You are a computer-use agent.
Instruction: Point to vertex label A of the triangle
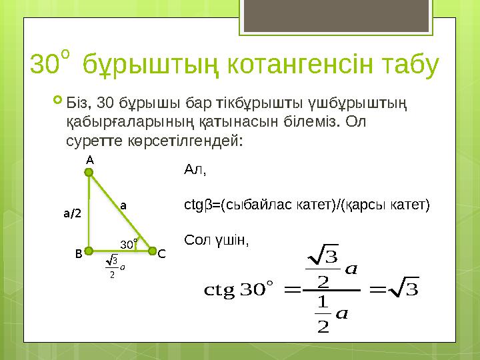[89, 160]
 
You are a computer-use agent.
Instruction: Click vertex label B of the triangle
[78, 253]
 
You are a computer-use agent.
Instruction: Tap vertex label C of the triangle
[162, 253]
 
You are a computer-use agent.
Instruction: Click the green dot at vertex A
[89, 172]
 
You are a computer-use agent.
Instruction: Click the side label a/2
[71, 214]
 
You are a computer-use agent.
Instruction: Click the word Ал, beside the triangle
[195, 170]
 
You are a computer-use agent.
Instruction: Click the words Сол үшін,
[215, 239]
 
